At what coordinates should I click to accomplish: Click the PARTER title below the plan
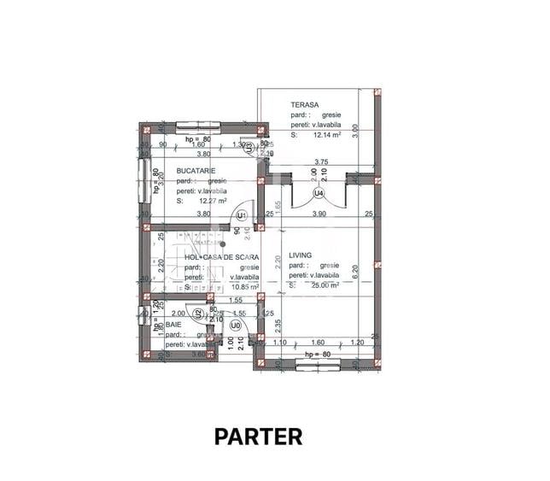coord(258,437)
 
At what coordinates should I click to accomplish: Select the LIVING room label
coord(301,255)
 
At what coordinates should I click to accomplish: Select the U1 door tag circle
coord(242,214)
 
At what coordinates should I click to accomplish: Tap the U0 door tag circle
coord(235,326)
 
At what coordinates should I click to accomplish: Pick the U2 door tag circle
coord(199,314)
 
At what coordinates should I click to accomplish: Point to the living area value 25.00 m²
coord(324,286)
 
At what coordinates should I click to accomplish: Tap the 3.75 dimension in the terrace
coord(321,161)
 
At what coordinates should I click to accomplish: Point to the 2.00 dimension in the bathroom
coord(176,314)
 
